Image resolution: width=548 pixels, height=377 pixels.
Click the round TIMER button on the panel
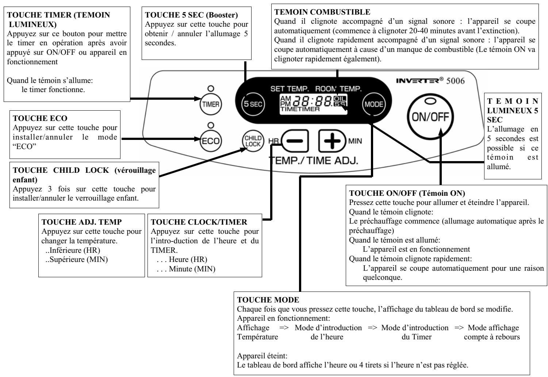click(x=211, y=104)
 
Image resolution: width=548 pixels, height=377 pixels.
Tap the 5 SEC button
click(x=253, y=104)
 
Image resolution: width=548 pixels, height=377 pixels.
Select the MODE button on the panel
click(x=373, y=104)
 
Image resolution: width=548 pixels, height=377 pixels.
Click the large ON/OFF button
click(x=430, y=117)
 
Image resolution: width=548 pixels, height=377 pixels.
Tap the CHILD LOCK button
click(x=253, y=141)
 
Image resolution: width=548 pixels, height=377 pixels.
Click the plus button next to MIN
click(x=332, y=141)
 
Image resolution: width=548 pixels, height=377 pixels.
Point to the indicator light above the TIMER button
click(x=211, y=88)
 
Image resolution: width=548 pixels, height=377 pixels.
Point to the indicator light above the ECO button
click(x=211, y=125)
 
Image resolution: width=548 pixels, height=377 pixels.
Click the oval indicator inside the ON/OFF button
click(x=430, y=101)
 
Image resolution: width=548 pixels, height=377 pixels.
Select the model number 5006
click(x=455, y=81)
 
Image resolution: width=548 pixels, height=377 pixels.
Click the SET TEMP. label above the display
click(x=290, y=89)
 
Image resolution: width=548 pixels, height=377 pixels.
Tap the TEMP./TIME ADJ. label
click(x=313, y=161)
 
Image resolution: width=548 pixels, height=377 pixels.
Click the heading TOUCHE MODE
click(x=268, y=300)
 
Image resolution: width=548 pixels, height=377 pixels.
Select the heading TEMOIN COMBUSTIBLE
click(x=322, y=12)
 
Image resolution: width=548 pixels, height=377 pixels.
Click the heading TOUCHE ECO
click(x=40, y=118)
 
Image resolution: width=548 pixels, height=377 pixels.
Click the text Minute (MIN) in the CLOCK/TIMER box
click(x=192, y=269)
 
